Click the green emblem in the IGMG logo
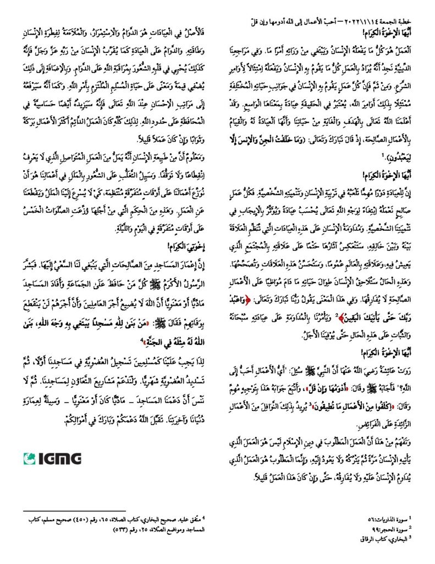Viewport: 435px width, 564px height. coord(30,458)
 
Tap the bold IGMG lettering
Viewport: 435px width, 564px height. coord(60,458)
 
